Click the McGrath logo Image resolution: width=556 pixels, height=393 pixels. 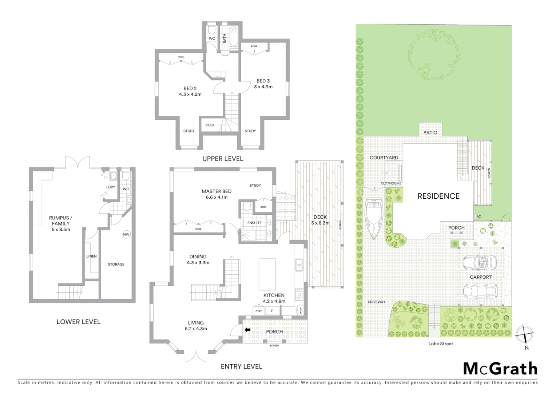(x=500, y=369)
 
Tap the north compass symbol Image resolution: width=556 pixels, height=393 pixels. (x=524, y=334)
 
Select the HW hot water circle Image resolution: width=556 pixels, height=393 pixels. (x=126, y=234)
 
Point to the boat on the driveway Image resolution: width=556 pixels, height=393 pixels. (x=374, y=219)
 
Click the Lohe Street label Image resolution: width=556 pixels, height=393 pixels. (x=441, y=344)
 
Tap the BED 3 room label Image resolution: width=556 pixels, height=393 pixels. (x=263, y=84)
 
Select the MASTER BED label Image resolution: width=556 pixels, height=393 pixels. (x=217, y=194)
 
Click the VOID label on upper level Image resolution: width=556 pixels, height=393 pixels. (x=210, y=125)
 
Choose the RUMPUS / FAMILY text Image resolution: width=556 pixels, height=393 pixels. (x=60, y=223)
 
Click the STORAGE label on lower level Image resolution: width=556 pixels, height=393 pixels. (x=116, y=264)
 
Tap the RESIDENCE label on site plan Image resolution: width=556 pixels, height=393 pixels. (x=438, y=196)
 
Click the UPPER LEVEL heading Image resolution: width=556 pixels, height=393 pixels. (x=223, y=159)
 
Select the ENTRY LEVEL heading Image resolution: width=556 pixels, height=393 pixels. (x=241, y=366)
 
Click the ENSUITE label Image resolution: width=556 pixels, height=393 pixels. (x=254, y=223)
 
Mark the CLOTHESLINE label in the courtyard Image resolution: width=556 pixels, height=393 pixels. (x=391, y=183)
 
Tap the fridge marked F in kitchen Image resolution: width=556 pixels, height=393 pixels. (x=272, y=311)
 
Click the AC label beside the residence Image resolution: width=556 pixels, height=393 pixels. (x=478, y=217)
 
